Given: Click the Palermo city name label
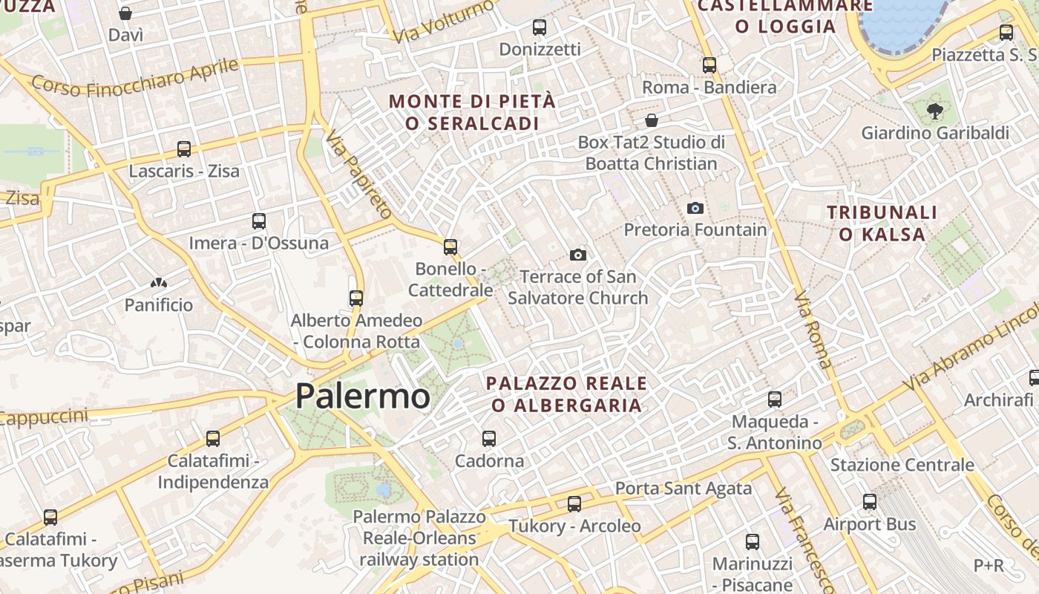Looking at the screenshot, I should pos(362,396).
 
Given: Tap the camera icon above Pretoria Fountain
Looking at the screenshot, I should pos(695,208).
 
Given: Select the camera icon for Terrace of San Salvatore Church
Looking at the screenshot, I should pos(577,255).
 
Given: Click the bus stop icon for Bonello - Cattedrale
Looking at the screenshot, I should pos(450,247).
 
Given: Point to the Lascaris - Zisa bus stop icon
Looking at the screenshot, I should pos(184,149).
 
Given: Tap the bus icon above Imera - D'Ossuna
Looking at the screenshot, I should pos(258,221).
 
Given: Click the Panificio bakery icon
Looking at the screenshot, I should pos(158,283).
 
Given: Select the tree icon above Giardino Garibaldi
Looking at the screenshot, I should pos(934,111).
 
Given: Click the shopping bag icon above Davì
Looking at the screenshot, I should pos(125,13).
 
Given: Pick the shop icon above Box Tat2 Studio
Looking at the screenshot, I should pos(651,120).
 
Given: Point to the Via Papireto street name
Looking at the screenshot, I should pos(358,174).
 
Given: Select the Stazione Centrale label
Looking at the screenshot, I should pos(902,465).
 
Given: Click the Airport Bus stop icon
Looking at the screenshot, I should pos(869,502).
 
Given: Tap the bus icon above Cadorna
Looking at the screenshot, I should pos(488,439).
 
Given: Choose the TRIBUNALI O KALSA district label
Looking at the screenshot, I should pos(882,223).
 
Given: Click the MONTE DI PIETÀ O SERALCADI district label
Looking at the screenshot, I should pos(472,112).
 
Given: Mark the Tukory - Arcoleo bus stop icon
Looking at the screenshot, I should pos(574,504).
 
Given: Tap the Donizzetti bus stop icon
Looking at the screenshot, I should pos(539,27).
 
